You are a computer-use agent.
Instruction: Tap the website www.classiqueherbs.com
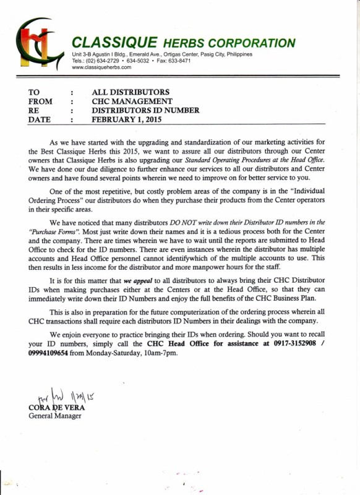[101, 67]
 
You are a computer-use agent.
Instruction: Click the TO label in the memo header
[35, 92]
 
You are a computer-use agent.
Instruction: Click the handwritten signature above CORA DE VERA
[62, 396]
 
